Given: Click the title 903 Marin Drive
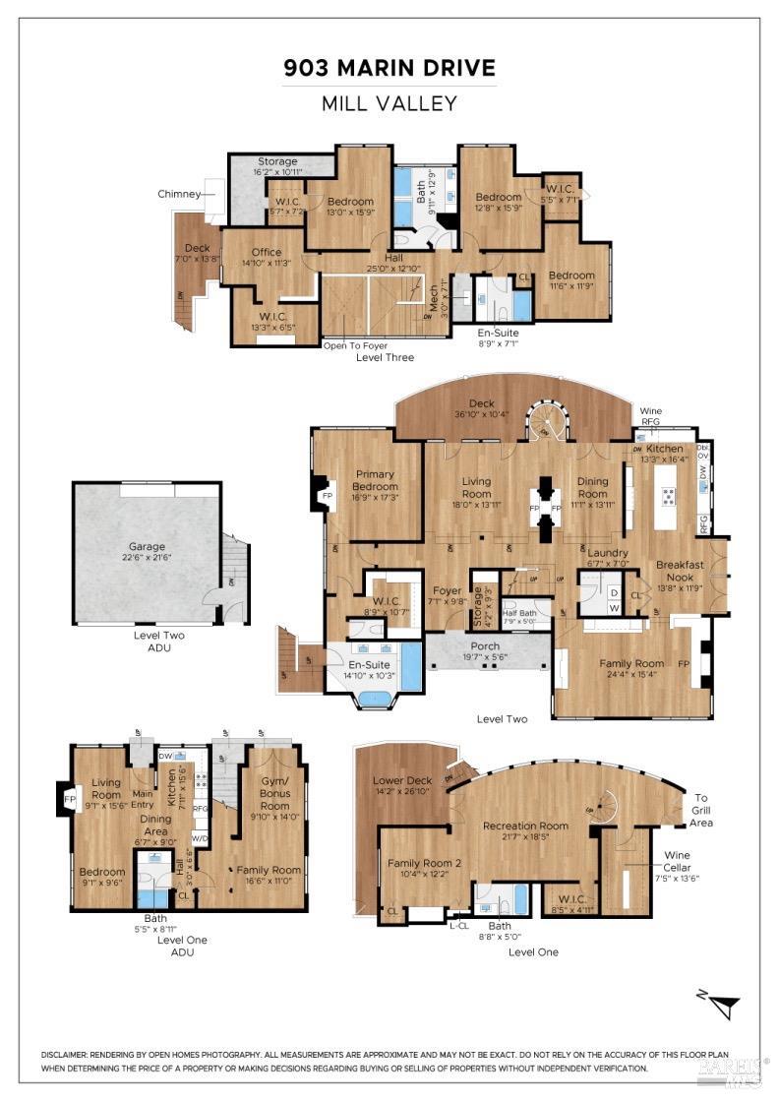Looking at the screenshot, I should pyautogui.click(x=389, y=68).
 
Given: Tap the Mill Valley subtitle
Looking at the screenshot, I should pyautogui.click(x=389, y=102).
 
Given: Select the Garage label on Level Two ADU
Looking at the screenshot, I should pyautogui.click(x=147, y=546).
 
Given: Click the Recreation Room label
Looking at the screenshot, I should pyautogui.click(x=525, y=825).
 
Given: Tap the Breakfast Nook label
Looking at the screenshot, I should pyautogui.click(x=680, y=571).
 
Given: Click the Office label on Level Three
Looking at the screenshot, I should pyautogui.click(x=266, y=252).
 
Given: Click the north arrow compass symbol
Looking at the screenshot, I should pyautogui.click(x=726, y=1005).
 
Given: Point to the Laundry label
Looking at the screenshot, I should pyautogui.click(x=607, y=553).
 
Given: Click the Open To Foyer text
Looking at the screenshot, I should pyautogui.click(x=355, y=345).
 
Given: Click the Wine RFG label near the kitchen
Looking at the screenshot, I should pyautogui.click(x=651, y=415).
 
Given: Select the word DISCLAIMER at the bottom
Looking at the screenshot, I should pyautogui.click(x=72, y=1054).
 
